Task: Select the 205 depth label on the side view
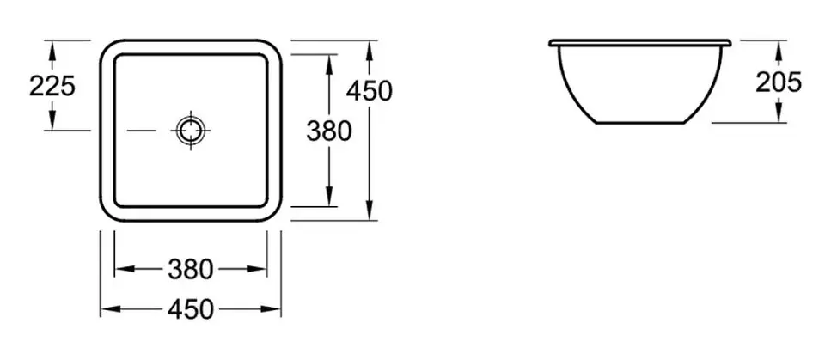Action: tap(779, 82)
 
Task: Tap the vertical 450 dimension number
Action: tap(370, 89)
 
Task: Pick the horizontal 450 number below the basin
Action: tap(192, 309)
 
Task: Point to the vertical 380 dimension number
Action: tap(329, 131)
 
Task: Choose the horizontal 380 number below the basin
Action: tap(191, 270)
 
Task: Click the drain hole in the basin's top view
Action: tap(189, 130)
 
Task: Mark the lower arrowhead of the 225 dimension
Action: tap(52, 124)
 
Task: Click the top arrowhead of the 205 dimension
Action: tap(779, 45)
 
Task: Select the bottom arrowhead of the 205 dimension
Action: tap(779, 117)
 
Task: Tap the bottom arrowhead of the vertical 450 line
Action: tap(370, 213)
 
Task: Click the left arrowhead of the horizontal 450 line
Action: tap(108, 309)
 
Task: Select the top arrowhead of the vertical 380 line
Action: tap(329, 60)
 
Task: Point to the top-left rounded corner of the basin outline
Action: tap(107, 46)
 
